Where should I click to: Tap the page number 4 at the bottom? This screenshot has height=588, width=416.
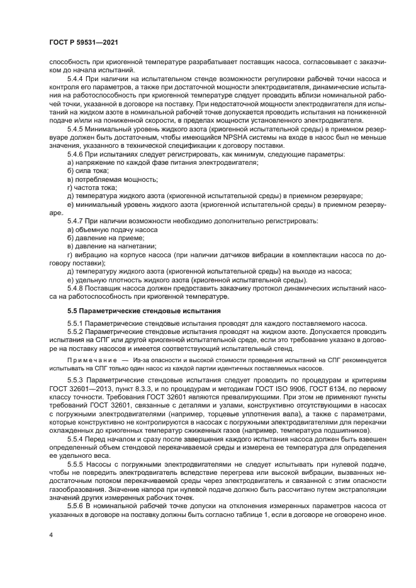50,535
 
